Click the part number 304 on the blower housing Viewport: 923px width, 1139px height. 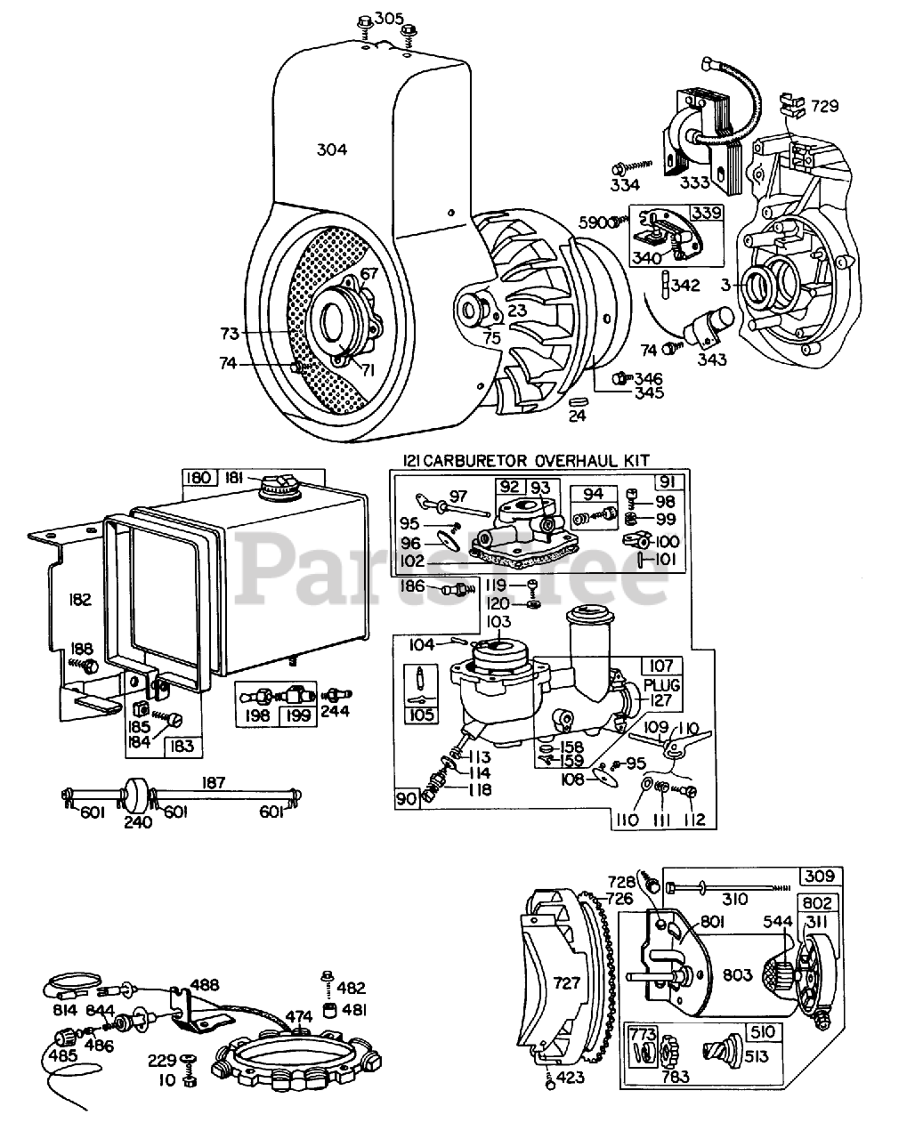332,149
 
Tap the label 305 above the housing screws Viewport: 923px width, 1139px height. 389,19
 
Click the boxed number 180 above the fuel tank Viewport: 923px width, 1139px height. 200,477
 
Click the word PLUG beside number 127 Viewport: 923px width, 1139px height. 662,685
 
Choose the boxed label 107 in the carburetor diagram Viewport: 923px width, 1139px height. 661,666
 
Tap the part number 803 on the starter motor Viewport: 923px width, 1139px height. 738,975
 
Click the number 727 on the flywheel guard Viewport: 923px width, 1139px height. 567,983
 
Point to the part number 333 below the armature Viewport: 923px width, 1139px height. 694,183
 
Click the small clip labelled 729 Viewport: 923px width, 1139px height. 792,105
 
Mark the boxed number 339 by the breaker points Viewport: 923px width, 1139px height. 708,213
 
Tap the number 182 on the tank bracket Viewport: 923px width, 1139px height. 80,600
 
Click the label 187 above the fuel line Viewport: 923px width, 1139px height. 214,783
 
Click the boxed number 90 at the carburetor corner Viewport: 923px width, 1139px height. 407,799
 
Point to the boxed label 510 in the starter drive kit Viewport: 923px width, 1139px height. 763,1032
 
